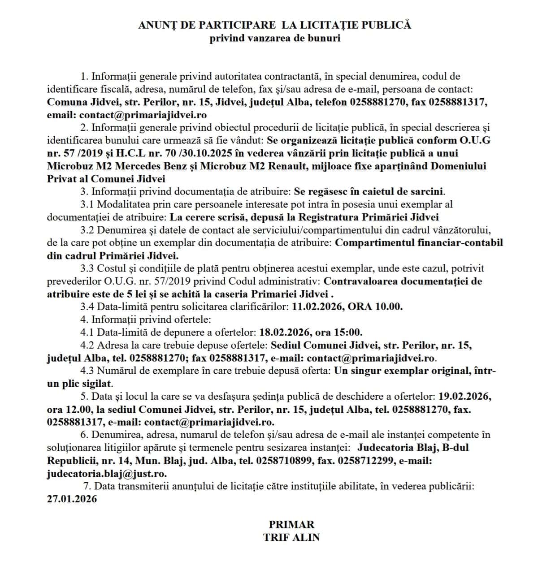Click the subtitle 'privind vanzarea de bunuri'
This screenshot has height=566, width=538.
click(x=275, y=38)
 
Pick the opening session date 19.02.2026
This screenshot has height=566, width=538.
click(x=465, y=397)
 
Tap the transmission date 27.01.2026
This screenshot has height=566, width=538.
click(x=72, y=499)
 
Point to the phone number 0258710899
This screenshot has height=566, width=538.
click(x=286, y=461)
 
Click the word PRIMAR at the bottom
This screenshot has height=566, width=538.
click(x=291, y=524)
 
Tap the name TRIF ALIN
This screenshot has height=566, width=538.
click(x=291, y=537)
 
